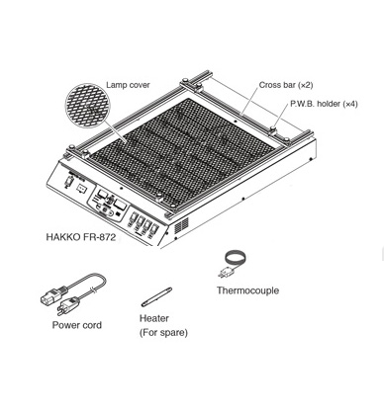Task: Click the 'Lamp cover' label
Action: [x=128, y=86]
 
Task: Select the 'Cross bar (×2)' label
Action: [x=286, y=86]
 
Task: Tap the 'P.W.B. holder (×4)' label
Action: [x=324, y=105]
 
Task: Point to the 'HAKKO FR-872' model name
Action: [x=81, y=238]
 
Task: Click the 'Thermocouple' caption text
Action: [x=247, y=291]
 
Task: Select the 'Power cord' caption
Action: [x=77, y=325]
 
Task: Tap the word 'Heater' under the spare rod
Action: [x=154, y=319]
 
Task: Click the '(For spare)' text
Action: [x=163, y=333]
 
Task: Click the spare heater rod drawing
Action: [x=156, y=297]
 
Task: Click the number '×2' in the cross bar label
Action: [x=305, y=86]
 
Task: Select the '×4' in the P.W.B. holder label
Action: [x=348, y=105]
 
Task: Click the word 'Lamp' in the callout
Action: [x=117, y=86]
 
